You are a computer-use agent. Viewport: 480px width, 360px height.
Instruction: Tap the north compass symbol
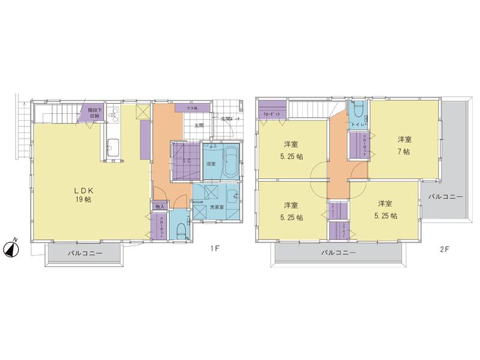click(x=11, y=247)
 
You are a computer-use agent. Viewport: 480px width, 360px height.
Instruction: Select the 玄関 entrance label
click(x=199, y=126)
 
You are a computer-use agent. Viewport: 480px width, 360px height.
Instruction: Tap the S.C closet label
click(x=186, y=161)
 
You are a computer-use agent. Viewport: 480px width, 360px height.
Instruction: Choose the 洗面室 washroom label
click(x=217, y=207)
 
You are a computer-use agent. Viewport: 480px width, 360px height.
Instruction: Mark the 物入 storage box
click(x=159, y=206)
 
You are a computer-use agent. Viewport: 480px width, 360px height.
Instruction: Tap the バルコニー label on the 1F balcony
click(x=85, y=254)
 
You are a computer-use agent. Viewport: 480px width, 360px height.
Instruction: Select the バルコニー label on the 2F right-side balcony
click(x=445, y=197)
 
